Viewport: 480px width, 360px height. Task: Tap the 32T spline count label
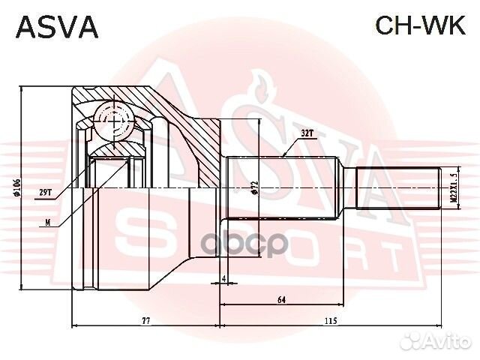click(307, 132)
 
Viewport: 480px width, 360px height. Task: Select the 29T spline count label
click(45, 193)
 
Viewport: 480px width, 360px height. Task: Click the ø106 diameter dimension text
click(16, 187)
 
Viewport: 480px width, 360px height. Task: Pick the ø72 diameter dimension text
click(255, 187)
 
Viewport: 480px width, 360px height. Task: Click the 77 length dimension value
click(146, 321)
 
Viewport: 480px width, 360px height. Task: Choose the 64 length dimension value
click(282, 301)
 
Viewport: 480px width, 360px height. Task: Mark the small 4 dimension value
click(223, 280)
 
